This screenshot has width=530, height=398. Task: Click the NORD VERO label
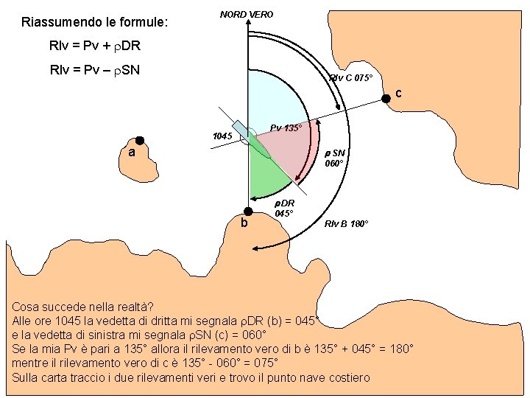[x=247, y=14]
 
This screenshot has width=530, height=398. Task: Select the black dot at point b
[x=249, y=211]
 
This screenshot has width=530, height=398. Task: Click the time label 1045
[x=222, y=136]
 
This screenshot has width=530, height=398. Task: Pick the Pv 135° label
[x=286, y=128]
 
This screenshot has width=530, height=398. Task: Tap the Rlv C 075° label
[x=351, y=78]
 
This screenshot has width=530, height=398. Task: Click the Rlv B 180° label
[x=346, y=223]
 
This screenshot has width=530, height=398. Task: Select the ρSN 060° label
[x=335, y=158]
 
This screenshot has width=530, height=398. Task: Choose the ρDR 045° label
[x=285, y=208]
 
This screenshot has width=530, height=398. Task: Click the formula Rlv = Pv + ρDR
[x=94, y=46]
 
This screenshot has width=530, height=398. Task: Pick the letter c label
[x=398, y=94]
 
